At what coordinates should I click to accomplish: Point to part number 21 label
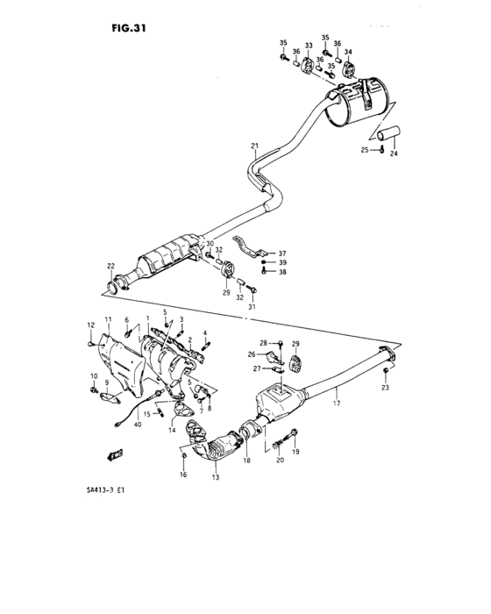coord(254,145)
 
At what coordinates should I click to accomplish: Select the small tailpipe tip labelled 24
coord(388,133)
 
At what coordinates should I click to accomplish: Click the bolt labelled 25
coord(383,152)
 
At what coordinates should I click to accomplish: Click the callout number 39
coord(282,262)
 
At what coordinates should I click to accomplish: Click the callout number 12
coord(89,325)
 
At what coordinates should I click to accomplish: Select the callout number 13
coord(215,478)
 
